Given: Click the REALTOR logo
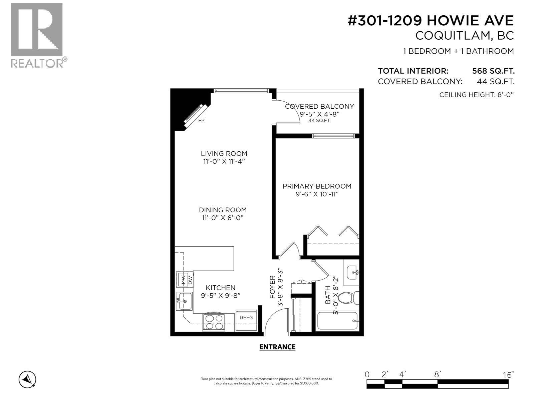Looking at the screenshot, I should [37, 35].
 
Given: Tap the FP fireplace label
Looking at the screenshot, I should [201, 121].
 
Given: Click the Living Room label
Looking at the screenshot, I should [224, 154].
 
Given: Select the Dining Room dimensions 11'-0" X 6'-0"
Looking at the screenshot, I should [223, 218].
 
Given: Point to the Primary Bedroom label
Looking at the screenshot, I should [317, 186].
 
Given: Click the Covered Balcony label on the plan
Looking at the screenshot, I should [319, 106].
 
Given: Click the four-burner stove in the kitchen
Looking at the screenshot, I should [214, 322].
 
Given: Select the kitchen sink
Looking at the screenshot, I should [184, 301].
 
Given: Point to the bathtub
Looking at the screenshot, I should [337, 320].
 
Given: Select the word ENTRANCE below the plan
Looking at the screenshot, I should [277, 347].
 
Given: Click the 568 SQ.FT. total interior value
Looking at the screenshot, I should [493, 71].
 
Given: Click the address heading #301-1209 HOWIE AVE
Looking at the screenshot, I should [431, 21].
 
